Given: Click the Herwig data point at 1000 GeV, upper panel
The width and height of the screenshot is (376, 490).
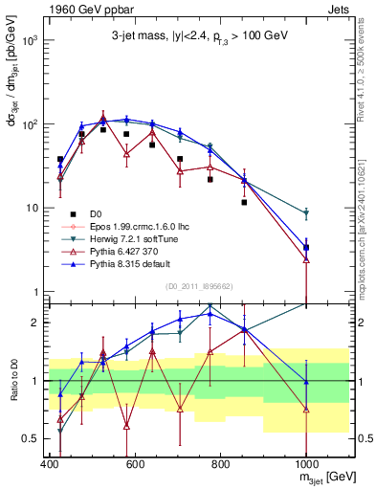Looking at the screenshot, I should [306, 213].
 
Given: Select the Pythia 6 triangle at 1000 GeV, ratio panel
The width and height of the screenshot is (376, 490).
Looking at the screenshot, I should [306, 410].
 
